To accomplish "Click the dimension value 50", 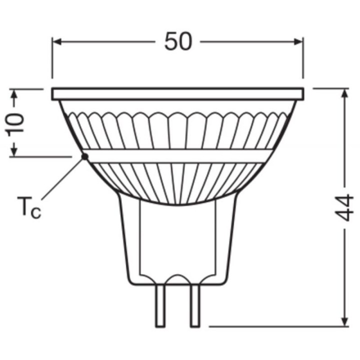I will click(177, 42).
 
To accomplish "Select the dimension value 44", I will click(344, 208).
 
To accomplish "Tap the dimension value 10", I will click(15, 123).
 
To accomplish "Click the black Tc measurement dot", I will click(84, 156).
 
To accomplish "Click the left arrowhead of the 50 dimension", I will click(56, 42).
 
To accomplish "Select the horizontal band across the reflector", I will click(177, 156).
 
